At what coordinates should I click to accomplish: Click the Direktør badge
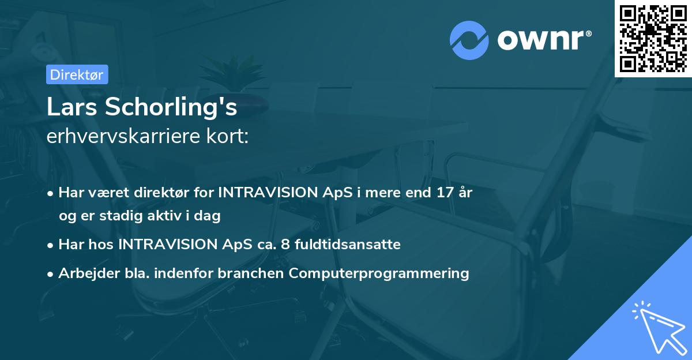coord(77,74)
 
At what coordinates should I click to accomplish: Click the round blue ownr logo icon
coord(469,40)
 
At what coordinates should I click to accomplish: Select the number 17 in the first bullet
coord(443,193)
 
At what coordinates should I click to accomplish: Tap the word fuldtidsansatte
coord(347,245)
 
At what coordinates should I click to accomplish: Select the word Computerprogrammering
coord(379,273)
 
